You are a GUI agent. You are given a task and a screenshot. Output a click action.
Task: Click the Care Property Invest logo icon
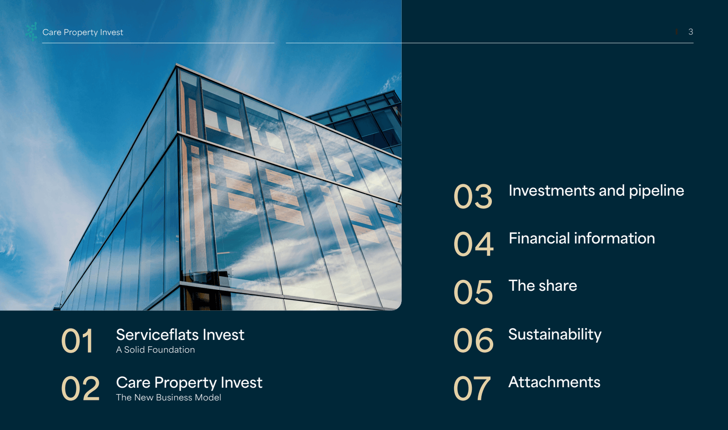(x=31, y=32)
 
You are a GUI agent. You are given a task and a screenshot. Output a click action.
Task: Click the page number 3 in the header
(x=690, y=32)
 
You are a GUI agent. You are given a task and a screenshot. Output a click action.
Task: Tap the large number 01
(x=78, y=341)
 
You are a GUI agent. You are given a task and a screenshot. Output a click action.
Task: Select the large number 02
(x=81, y=389)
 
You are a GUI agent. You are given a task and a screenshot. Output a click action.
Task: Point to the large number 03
(x=473, y=197)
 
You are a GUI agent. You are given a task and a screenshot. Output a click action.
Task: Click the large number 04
(x=473, y=244)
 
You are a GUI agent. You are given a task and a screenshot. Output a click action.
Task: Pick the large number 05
(x=473, y=293)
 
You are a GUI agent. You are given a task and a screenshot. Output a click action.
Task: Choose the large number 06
(x=473, y=341)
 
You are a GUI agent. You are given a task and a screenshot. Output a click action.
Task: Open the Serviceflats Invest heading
(x=180, y=335)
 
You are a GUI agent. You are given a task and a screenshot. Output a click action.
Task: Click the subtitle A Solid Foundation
(x=155, y=350)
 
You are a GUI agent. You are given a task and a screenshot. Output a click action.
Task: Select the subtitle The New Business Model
(x=168, y=398)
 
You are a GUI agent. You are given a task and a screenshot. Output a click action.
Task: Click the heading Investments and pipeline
(x=596, y=191)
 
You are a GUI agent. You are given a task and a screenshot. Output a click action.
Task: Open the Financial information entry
(x=581, y=238)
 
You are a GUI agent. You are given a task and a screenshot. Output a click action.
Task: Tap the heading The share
(x=542, y=286)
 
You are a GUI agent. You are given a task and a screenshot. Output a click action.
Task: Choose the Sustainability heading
(x=555, y=334)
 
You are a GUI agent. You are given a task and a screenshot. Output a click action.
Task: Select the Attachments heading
(x=554, y=382)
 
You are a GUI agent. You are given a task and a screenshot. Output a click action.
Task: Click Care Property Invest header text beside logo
(x=83, y=32)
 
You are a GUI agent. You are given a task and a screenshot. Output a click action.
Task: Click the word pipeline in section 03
(x=657, y=191)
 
